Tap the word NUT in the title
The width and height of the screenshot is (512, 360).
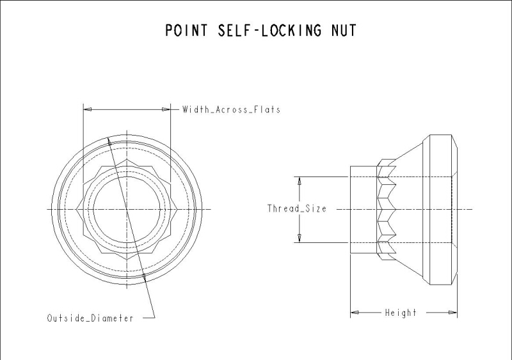coord(342,30)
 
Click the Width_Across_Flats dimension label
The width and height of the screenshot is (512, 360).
coord(231,109)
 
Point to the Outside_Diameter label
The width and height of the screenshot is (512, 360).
coord(90,318)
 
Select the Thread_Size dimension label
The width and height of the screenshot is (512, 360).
coord(296,208)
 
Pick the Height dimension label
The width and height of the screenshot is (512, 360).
coord(400,313)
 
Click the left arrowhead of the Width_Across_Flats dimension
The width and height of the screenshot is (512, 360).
coord(88,109)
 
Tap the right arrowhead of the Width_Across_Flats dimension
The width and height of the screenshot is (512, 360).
coord(166,109)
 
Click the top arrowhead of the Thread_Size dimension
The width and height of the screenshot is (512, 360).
coord(299,181)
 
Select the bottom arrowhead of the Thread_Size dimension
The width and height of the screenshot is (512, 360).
coord(299,239)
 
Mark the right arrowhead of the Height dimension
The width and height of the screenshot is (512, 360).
coord(454,313)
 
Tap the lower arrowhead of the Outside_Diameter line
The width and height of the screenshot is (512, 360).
coord(145,276)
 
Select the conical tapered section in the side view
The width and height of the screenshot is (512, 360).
coord(413,192)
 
